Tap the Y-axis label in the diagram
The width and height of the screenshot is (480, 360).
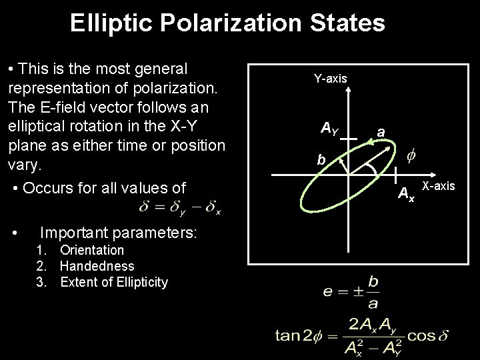[x=330, y=79]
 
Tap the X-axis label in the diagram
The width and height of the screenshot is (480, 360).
[x=439, y=186]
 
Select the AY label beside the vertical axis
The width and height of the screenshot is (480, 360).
[x=329, y=127]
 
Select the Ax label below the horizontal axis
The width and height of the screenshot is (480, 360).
[x=406, y=195]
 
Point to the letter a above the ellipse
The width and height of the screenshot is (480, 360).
[x=380, y=133]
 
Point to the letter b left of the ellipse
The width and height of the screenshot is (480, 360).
[x=321, y=161]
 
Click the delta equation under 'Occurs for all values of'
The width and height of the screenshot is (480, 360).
[x=180, y=207]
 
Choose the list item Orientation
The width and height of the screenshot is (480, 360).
[x=92, y=250]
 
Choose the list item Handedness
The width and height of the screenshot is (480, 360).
[x=92, y=266]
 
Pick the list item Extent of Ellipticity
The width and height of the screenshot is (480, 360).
[x=114, y=282]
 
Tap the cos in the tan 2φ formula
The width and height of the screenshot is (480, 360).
[x=421, y=335]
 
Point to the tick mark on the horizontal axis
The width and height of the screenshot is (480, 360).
[x=396, y=175]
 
